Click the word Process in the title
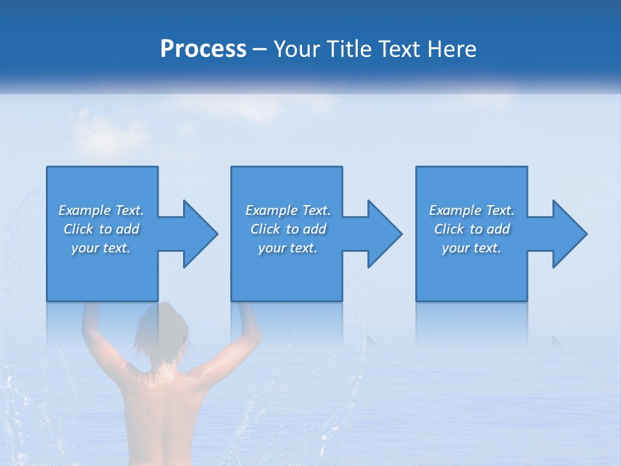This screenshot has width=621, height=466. pyautogui.click(x=203, y=49)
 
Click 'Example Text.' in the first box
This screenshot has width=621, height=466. pyautogui.click(x=101, y=210)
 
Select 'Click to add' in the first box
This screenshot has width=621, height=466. pyautogui.click(x=101, y=229)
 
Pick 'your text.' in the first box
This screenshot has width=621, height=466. pyautogui.click(x=101, y=248)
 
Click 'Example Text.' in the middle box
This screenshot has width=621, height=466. pyautogui.click(x=288, y=210)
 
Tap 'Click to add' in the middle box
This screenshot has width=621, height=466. pyautogui.click(x=288, y=229)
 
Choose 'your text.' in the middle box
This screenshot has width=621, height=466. pyautogui.click(x=288, y=248)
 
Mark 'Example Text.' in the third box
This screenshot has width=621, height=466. pyautogui.click(x=472, y=210)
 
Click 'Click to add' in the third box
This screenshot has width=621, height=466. pyautogui.click(x=472, y=229)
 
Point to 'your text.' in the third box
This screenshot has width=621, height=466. pyautogui.click(x=472, y=248)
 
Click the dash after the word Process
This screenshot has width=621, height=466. pyautogui.click(x=260, y=50)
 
